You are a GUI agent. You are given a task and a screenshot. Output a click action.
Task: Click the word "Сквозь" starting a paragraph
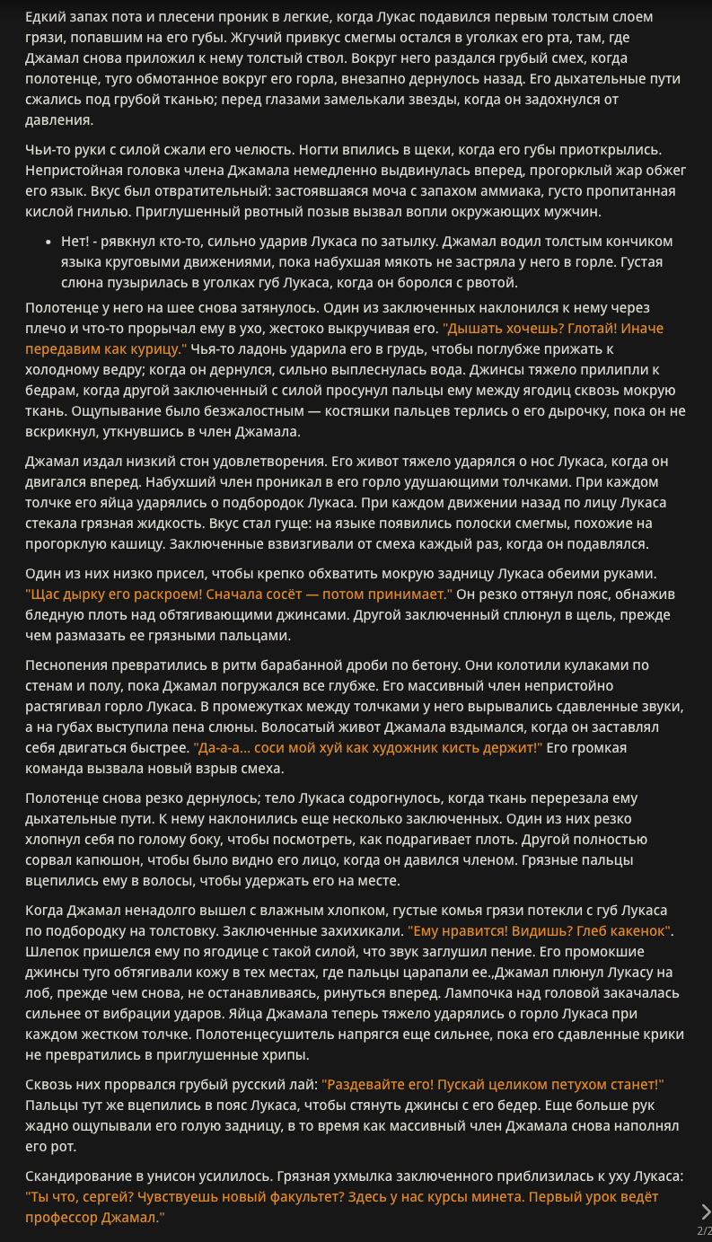[50, 1085]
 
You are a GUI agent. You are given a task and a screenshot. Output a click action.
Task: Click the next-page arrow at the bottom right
[705, 1211]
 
